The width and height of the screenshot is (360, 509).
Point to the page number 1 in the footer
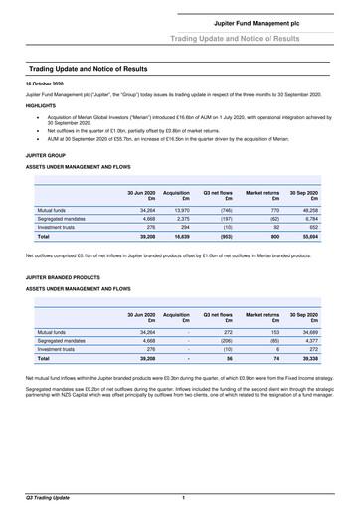coord(183,495)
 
